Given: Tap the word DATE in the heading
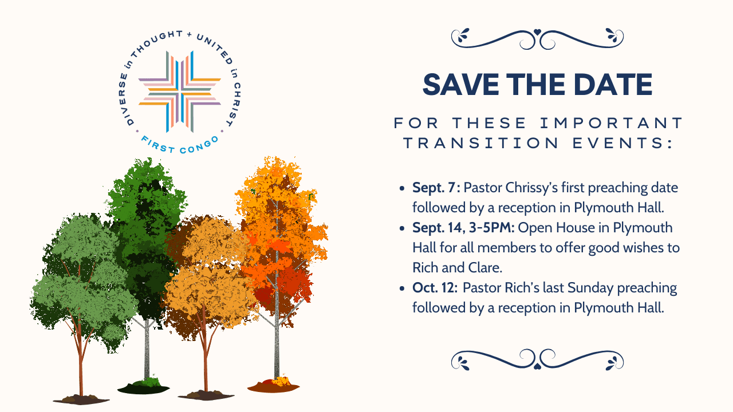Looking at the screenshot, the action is (613, 84).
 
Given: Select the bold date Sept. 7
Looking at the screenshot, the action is (436, 188).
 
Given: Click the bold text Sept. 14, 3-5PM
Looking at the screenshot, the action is (463, 228).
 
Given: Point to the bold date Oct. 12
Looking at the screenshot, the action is (435, 288).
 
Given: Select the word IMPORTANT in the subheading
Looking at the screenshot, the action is (611, 123).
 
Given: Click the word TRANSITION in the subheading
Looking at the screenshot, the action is (481, 143).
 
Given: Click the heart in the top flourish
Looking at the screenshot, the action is (537, 32).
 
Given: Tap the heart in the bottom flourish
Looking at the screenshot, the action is (537, 366).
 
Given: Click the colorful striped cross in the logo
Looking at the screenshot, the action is (180, 92).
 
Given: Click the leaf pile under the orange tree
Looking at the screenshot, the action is (274, 385).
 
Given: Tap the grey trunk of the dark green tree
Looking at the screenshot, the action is (147, 349).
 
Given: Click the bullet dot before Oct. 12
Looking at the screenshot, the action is (402, 288).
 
